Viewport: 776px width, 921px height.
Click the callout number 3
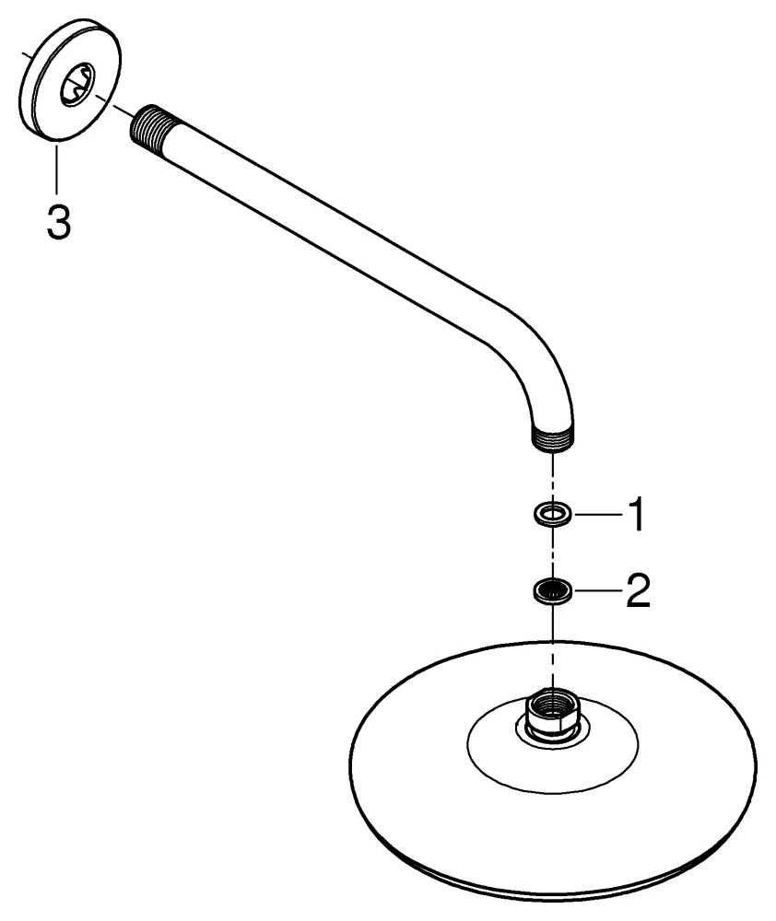(x=59, y=222)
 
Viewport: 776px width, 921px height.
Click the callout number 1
(x=637, y=514)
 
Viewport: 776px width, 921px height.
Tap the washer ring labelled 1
(x=553, y=515)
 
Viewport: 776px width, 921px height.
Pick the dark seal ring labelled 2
(x=553, y=589)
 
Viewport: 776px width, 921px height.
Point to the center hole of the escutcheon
(x=77, y=86)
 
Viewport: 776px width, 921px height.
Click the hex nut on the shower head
(x=552, y=712)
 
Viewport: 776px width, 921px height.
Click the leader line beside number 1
(x=598, y=515)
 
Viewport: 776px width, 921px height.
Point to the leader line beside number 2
(x=598, y=589)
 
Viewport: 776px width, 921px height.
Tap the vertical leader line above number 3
(x=57, y=168)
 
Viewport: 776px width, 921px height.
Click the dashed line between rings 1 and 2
(x=553, y=552)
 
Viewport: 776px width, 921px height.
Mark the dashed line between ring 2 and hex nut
(x=553, y=647)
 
